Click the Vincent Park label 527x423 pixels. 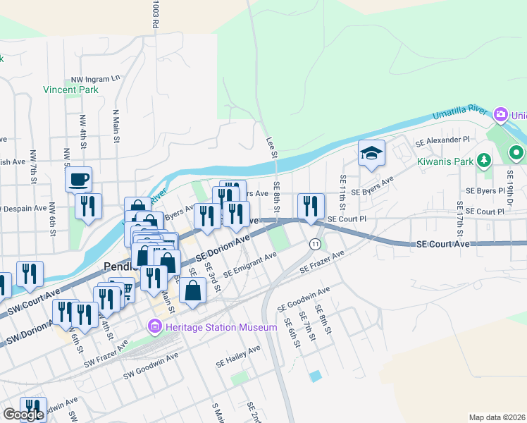coord(70,90)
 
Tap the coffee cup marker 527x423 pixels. coord(79,178)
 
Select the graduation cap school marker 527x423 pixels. coord(371,152)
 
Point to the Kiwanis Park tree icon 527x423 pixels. coord(483,161)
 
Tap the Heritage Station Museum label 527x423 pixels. coord(221,328)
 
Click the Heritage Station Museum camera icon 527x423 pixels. coord(154,327)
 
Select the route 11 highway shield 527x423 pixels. coord(314,243)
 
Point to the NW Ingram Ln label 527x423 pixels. coord(97,79)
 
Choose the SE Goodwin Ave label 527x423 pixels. coord(304,299)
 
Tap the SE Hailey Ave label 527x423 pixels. coord(238,357)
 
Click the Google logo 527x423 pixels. coord(23,415)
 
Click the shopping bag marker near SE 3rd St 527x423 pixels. coord(192,290)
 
